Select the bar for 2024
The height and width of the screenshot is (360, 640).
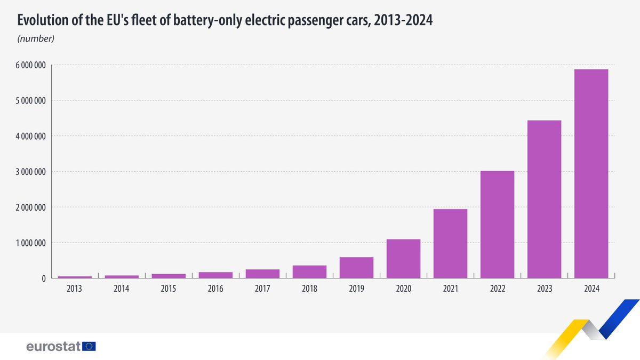pyautogui.click(x=591, y=174)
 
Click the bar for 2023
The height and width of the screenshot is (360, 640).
pyautogui.click(x=544, y=199)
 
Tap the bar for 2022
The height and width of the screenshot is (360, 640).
pyautogui.click(x=497, y=225)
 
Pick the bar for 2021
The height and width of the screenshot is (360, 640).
pyautogui.click(x=450, y=244)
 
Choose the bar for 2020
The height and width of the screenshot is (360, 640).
pyautogui.click(x=403, y=259)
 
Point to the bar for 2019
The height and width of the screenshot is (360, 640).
pyautogui.click(x=356, y=268)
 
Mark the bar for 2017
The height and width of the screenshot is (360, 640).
pyautogui.click(x=262, y=274)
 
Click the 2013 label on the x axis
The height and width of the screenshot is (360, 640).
pyautogui.click(x=75, y=289)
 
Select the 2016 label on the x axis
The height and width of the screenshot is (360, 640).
pyautogui.click(x=215, y=289)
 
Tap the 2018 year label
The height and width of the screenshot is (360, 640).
pyautogui.click(x=309, y=289)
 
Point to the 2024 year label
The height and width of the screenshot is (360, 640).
pyautogui.click(x=591, y=289)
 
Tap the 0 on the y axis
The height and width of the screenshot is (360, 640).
pyautogui.click(x=43, y=278)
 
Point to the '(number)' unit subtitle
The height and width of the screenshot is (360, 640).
pyautogui.click(x=36, y=38)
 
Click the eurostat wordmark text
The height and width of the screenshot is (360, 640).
pyautogui.click(x=53, y=346)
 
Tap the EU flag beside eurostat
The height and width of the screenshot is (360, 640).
pyautogui.click(x=89, y=346)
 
